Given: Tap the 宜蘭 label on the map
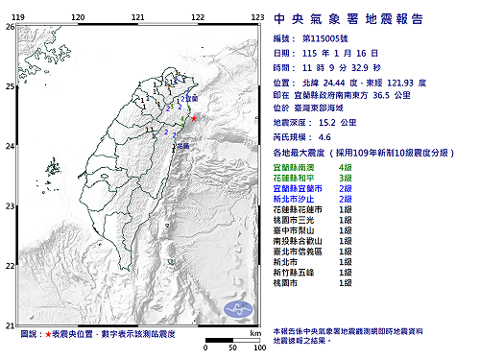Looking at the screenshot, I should click(x=191, y=98).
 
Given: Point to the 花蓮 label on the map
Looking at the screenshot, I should click(x=182, y=146).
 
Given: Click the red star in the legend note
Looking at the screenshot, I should click(x=48, y=334).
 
